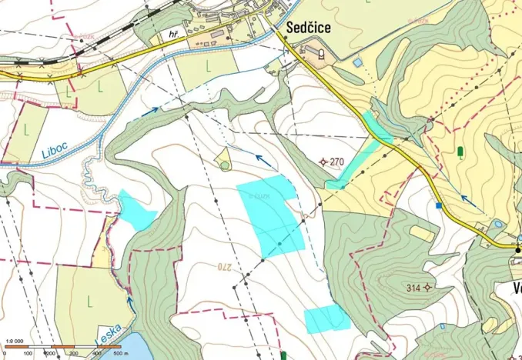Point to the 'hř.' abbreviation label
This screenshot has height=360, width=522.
[x=174, y=35]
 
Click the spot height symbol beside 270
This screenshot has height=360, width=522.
[x=323, y=162]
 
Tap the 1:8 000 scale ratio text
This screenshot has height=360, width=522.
[x=14, y=340]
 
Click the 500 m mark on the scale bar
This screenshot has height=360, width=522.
[x=120, y=353]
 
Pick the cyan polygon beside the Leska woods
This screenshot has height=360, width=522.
[x=136, y=210]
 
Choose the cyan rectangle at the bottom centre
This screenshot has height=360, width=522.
[x=326, y=318]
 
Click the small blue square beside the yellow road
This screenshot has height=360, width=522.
[x=439, y=205]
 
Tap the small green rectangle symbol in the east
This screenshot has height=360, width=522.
[x=460, y=152]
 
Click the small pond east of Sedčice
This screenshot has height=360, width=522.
[x=357, y=62]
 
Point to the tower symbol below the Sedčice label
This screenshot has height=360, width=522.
[x=319, y=54]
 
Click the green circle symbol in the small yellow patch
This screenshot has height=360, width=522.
[x=225, y=165]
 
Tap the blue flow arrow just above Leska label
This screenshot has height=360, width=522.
[x=131, y=306]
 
